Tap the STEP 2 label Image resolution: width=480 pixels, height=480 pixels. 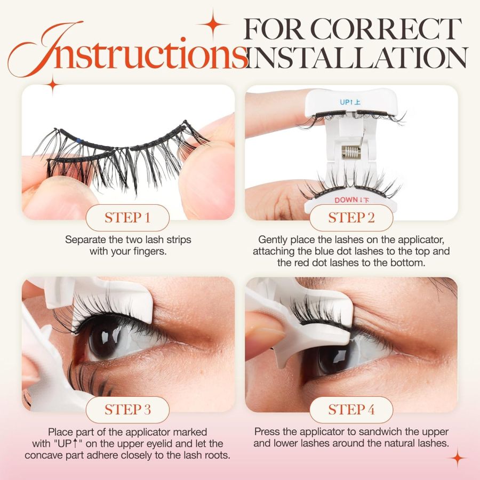351,218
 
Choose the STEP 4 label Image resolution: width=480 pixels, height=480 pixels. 351,410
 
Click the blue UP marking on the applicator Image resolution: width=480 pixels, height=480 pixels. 351,101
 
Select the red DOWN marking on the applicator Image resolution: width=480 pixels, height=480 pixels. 351,200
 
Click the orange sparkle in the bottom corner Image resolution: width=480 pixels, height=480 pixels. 457,458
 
